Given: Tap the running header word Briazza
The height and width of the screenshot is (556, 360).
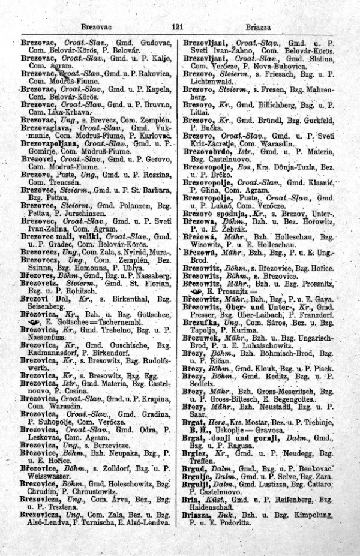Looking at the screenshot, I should [259, 28].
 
